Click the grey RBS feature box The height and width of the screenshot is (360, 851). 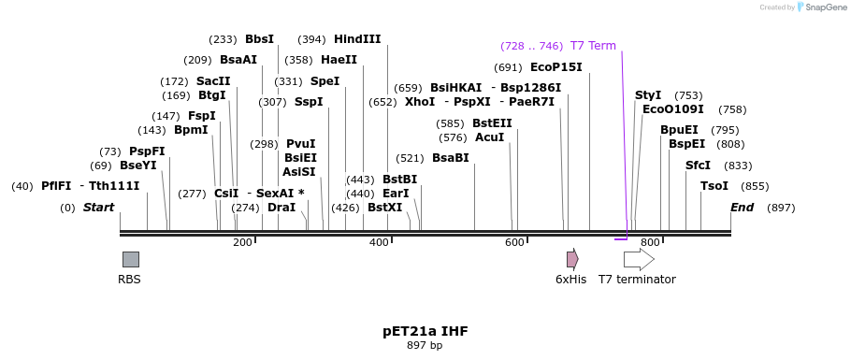point(130,259)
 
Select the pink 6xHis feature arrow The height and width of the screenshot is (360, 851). point(571,259)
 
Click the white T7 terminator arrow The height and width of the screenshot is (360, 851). point(639,259)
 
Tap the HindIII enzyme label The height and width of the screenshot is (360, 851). point(357,39)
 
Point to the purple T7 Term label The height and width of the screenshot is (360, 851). point(593,46)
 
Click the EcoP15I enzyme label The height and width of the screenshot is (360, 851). point(555,67)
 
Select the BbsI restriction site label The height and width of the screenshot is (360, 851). point(259,39)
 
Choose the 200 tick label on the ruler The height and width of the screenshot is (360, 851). point(242,243)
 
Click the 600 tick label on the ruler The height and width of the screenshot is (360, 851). point(514,243)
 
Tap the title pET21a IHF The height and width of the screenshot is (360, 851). point(425,331)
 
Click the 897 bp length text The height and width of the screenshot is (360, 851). point(425,345)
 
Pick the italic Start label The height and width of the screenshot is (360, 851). point(98,207)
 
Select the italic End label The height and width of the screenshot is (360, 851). point(742,207)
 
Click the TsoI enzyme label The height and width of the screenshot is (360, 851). point(714,186)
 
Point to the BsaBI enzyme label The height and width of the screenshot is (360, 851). point(450,158)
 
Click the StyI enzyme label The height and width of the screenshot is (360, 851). point(648,95)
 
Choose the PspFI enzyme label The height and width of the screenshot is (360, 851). point(147,151)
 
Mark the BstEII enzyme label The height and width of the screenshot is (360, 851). point(492,123)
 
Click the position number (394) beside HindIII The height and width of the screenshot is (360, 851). point(311,39)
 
